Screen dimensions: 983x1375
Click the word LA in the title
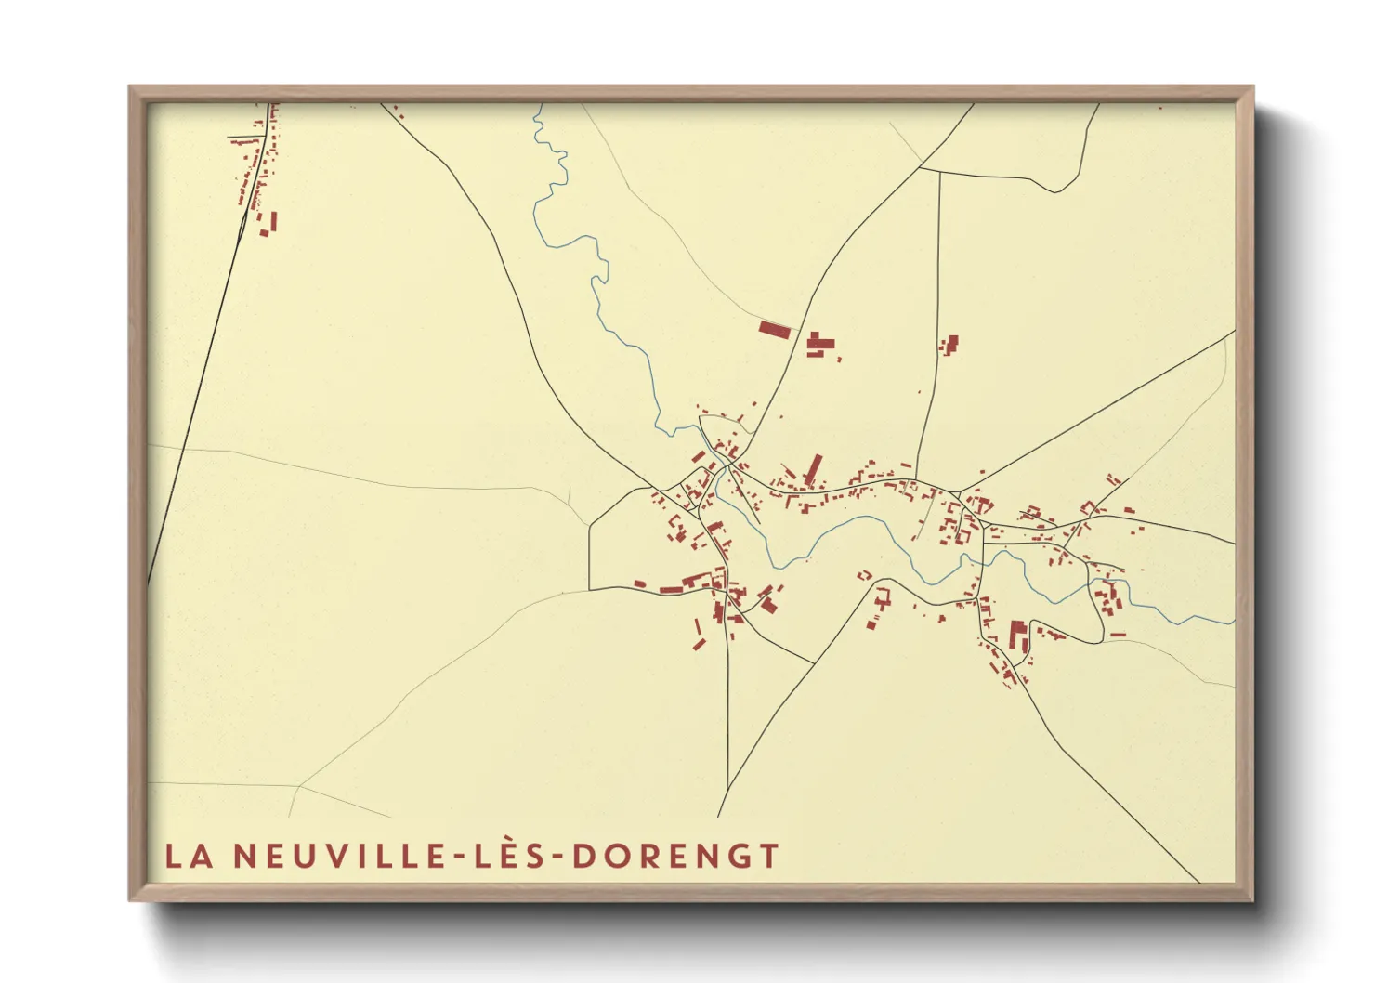click(x=189, y=856)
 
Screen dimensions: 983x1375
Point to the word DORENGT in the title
click(x=675, y=856)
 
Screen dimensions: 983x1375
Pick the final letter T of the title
click(x=768, y=856)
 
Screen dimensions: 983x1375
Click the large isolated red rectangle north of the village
click(x=774, y=329)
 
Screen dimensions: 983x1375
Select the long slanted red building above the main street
click(x=814, y=469)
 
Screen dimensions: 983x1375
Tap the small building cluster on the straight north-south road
click(x=949, y=346)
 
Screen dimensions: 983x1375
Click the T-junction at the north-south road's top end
click(x=940, y=171)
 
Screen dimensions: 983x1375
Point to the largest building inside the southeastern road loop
click(x=1017, y=636)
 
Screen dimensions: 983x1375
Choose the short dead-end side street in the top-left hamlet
click(x=246, y=140)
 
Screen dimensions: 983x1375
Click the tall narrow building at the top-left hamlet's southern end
click(x=274, y=223)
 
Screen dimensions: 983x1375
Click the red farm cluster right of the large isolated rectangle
click(x=818, y=345)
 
